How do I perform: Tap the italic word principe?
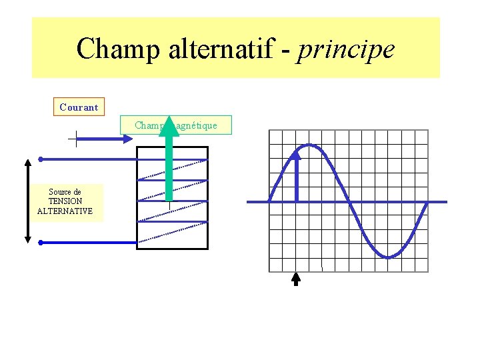point(346,49)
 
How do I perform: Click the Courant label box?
point(79,107)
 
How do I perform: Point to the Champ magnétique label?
point(176,125)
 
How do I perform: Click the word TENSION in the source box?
point(65,201)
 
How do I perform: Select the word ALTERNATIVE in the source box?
point(65,211)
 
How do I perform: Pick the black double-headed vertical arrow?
point(27,200)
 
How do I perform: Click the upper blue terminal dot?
point(41,159)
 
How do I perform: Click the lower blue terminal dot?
point(41,243)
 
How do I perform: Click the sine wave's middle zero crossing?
point(348,201)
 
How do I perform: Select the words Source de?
point(65,192)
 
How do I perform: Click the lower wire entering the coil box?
point(100,243)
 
